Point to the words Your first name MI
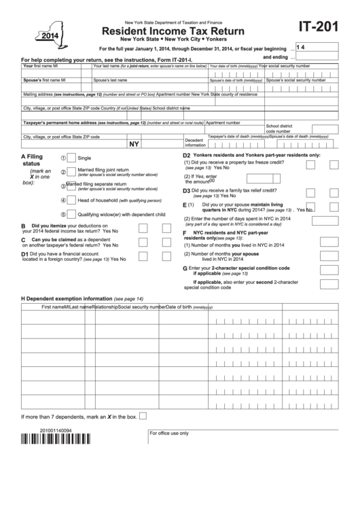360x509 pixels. click(41, 67)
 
